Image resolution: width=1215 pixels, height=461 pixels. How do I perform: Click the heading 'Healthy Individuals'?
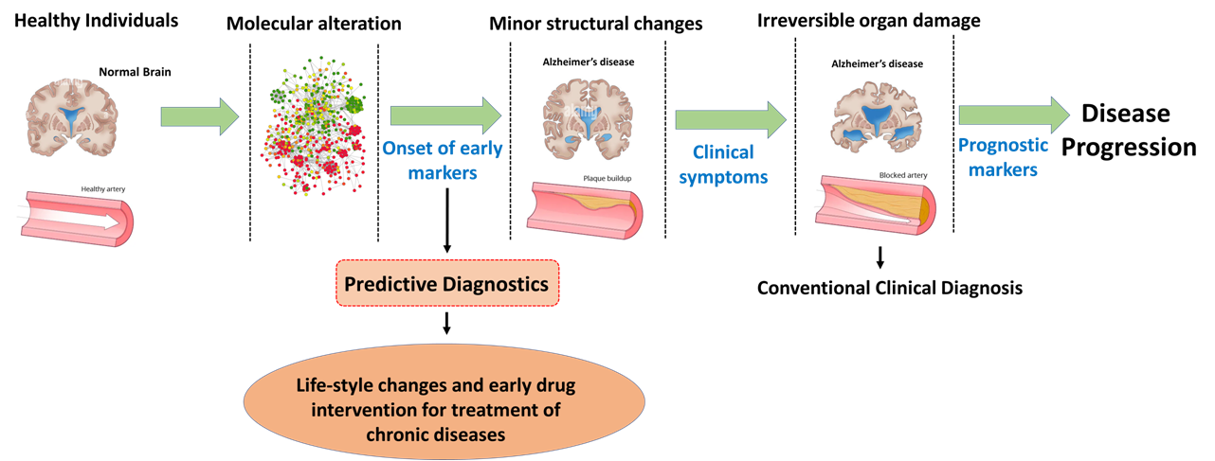[x=96, y=21]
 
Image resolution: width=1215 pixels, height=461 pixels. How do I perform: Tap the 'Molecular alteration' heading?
[x=314, y=24]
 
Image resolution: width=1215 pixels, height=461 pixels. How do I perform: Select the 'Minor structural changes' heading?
[x=595, y=24]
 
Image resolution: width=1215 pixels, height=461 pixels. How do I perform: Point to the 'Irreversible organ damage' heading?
[x=868, y=21]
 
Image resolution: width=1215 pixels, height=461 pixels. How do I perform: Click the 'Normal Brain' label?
[x=135, y=72]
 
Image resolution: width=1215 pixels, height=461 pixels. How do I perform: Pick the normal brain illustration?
[x=72, y=116]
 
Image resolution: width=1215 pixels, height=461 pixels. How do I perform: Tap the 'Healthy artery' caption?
[x=103, y=189]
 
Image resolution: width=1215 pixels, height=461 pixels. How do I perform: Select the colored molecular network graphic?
[x=313, y=126]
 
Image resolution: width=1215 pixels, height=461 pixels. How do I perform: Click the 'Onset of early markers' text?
[x=442, y=160]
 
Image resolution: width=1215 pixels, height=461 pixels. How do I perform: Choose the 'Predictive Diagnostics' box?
[x=447, y=283]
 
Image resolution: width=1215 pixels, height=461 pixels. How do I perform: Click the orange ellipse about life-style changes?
[x=444, y=401]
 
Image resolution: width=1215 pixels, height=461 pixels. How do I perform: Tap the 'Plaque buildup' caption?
[x=607, y=178]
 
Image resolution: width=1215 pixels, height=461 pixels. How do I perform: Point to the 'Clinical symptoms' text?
[x=723, y=165]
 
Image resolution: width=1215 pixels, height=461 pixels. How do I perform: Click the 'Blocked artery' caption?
[x=903, y=175]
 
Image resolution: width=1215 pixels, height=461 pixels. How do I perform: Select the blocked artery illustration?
[x=875, y=205]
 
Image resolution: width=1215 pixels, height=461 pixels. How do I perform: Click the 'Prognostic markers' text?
[x=1003, y=157]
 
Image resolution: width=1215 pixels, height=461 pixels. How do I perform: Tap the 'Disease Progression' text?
[x=1128, y=130]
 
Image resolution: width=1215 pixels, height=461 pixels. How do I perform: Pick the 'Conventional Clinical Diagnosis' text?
[x=890, y=288]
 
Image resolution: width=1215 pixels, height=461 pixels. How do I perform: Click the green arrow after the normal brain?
[x=200, y=116]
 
